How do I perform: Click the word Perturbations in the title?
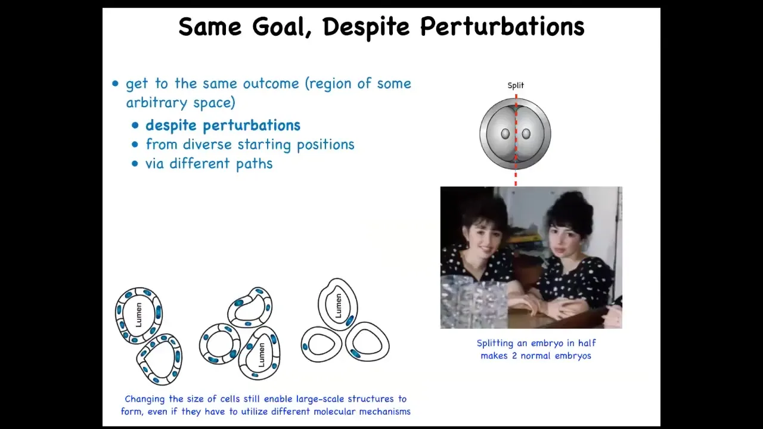click(502, 27)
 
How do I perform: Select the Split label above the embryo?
click(516, 85)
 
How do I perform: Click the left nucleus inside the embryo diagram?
click(505, 134)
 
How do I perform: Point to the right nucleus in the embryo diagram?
click(526, 134)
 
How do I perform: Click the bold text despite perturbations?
click(223, 126)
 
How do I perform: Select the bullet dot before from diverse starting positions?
click(135, 145)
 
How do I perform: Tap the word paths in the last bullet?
click(255, 164)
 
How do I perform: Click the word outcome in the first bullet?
click(271, 83)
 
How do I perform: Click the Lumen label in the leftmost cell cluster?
click(139, 315)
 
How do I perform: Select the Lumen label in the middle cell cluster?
click(261, 355)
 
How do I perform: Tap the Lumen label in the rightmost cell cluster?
click(338, 306)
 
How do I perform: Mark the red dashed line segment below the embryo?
click(516, 178)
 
